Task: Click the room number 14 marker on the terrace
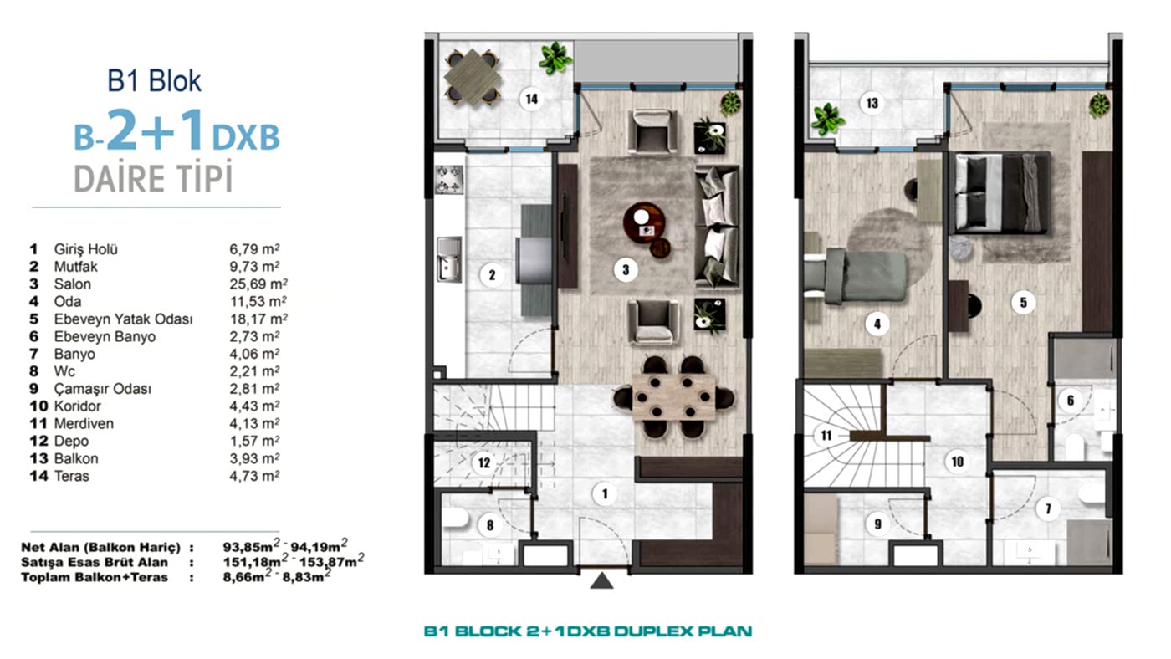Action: click(x=531, y=99)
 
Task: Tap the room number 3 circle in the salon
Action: click(x=626, y=270)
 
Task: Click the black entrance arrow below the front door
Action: click(x=601, y=580)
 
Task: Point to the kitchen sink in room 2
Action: click(x=449, y=259)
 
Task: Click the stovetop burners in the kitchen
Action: click(x=449, y=179)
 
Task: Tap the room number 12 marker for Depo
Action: click(x=484, y=462)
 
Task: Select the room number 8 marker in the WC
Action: click(x=490, y=525)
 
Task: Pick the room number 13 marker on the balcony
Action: click(x=872, y=103)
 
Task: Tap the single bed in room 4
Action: click(x=855, y=275)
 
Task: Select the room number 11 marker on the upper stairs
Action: click(x=826, y=436)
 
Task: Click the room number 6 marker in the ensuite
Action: click(x=1070, y=401)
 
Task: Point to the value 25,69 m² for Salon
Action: click(x=258, y=284)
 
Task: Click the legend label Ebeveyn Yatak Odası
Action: click(x=124, y=319)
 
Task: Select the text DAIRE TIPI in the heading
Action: click(x=153, y=178)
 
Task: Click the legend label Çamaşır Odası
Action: click(x=102, y=389)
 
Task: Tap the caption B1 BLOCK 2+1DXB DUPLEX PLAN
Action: click(x=587, y=631)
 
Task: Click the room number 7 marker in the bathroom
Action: click(x=1047, y=508)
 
